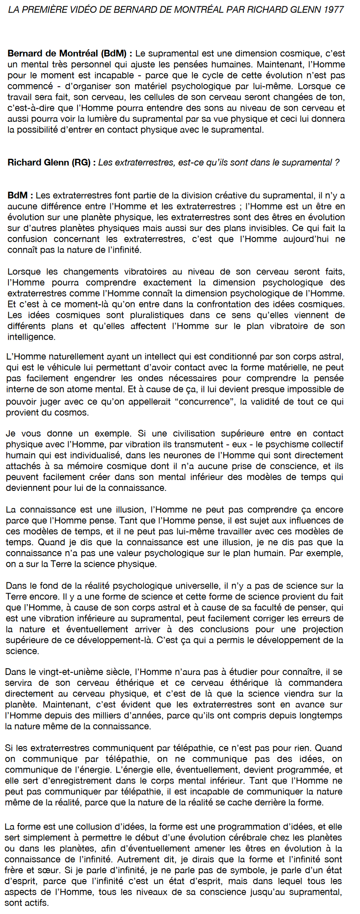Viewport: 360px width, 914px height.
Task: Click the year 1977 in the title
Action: pos(333,9)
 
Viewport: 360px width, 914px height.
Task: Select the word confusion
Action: pos(27,239)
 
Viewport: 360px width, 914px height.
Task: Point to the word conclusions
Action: pos(227,629)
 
